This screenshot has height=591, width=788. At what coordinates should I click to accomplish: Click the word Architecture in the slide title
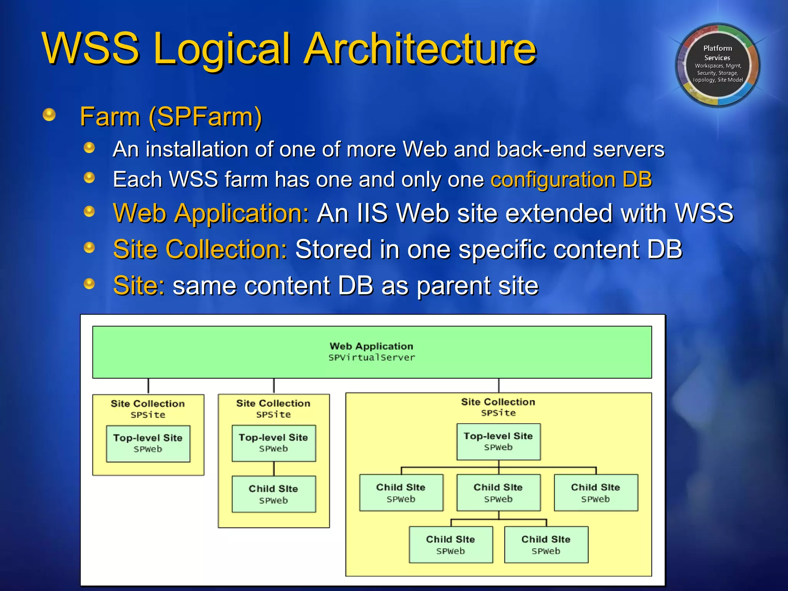420,49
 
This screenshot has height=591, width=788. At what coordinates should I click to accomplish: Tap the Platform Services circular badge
717,65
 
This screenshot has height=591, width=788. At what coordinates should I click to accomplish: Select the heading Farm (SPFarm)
171,117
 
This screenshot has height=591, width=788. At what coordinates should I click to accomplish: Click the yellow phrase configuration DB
571,180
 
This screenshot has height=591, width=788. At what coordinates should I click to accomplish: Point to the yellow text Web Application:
211,214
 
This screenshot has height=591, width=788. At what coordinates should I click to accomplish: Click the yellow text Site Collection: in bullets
200,249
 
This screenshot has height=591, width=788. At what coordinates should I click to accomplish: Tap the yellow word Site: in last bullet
139,286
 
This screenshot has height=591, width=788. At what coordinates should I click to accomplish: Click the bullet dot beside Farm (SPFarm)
49,115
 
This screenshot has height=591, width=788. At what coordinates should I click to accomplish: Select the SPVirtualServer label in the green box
372,358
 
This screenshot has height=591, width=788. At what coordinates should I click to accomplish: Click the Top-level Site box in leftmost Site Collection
148,443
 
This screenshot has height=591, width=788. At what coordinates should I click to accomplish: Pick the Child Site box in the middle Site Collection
274,494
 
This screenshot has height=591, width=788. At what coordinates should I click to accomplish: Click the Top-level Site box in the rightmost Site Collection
498,442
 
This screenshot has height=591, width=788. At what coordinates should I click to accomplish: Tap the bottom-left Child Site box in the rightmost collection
451,544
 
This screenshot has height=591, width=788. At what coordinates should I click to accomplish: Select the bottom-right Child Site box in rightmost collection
546,544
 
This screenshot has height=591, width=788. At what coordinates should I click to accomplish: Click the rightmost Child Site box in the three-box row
596,492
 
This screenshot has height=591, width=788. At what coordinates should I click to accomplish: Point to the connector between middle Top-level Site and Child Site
274,469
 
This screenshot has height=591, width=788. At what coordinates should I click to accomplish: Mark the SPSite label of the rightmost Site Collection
498,413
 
